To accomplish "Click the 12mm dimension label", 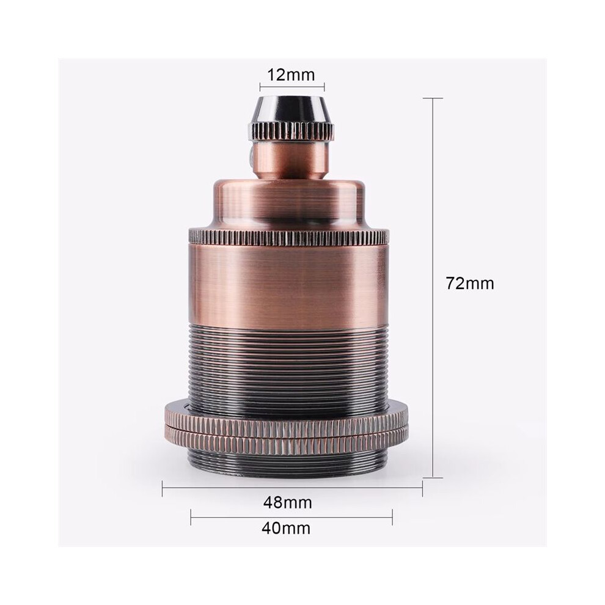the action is tap(291, 75).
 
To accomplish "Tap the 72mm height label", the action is tap(470, 283).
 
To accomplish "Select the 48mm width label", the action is tap(287, 502).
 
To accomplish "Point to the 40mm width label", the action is tap(286, 528).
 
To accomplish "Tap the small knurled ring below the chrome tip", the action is tap(293, 131).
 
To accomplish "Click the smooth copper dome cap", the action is tap(290, 202).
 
